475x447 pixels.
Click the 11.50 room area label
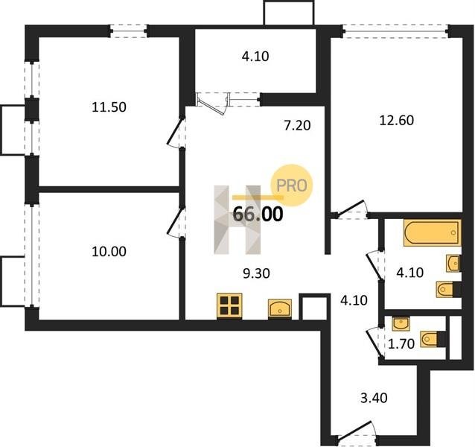[109, 107]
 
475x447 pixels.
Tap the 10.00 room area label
[109, 252]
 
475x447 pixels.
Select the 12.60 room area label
[397, 121]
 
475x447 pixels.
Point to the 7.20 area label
[297, 125]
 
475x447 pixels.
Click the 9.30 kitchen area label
[256, 273]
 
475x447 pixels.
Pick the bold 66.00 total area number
[258, 214]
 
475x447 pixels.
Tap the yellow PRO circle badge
[291, 186]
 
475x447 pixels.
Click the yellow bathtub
[433, 232]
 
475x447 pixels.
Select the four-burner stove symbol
[229, 306]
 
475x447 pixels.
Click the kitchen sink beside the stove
[280, 309]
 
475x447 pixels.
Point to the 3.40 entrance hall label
[374, 399]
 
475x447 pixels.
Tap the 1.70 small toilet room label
[401, 344]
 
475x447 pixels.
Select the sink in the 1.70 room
[401, 323]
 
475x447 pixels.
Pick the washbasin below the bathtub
[453, 263]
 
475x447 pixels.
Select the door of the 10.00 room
[176, 223]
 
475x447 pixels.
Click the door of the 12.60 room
[352, 209]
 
